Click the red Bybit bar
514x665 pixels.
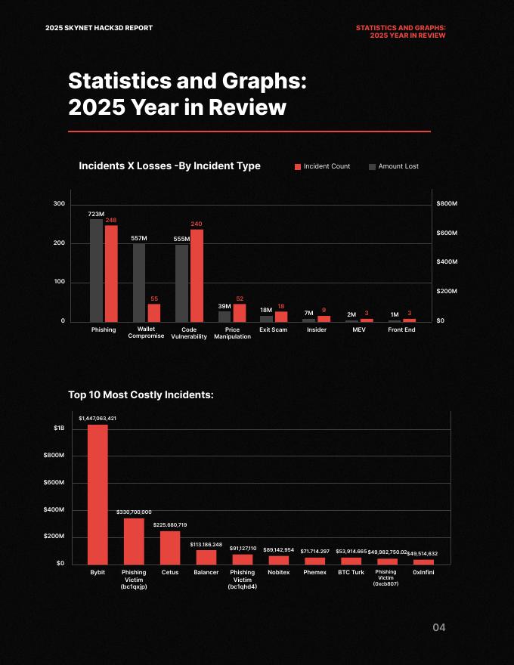pos(98,494)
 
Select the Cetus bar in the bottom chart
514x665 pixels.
pos(170,547)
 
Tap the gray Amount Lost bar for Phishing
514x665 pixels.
pos(96,271)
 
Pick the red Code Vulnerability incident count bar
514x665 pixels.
pos(197,276)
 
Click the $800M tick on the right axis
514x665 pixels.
pos(447,204)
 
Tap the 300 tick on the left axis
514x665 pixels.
pos(58,204)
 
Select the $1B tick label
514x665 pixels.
pos(58,428)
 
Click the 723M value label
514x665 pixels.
pos(96,214)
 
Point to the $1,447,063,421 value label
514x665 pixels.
pos(98,417)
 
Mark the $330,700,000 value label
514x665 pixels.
pos(134,512)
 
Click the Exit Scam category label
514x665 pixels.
pos(273,329)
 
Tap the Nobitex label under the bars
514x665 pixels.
pos(279,572)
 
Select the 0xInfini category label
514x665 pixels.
pos(424,572)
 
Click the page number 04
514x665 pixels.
pos(439,627)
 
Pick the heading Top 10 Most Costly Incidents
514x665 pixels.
pos(141,394)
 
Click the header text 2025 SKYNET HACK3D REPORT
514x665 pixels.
pos(99,28)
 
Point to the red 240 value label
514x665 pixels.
pos(197,224)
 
